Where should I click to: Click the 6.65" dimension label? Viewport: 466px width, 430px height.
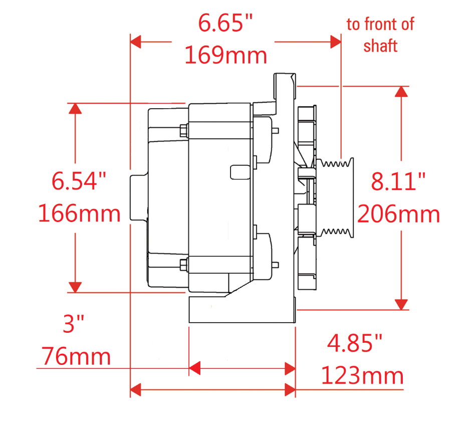(225, 23)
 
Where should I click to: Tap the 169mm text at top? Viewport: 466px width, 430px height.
(225, 55)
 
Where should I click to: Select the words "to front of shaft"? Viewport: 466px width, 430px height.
(380, 35)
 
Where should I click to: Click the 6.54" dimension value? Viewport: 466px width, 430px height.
(79, 181)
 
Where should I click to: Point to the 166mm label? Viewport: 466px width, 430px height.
(79, 213)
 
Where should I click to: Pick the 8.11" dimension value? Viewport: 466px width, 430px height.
(398, 181)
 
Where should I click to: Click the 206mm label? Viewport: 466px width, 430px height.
(398, 214)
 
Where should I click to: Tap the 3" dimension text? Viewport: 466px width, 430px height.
(73, 324)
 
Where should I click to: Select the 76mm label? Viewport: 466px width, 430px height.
(76, 356)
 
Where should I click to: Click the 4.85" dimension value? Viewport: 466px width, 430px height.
(354, 343)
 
